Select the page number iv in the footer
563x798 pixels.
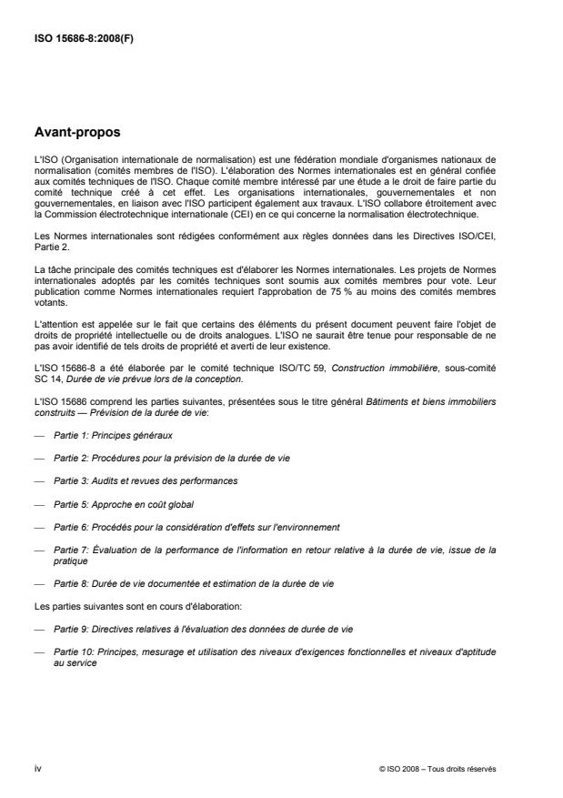(x=37, y=769)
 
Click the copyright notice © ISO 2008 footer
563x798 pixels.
(x=437, y=769)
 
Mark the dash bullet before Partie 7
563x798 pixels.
(x=38, y=550)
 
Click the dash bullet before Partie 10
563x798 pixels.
(x=38, y=650)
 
